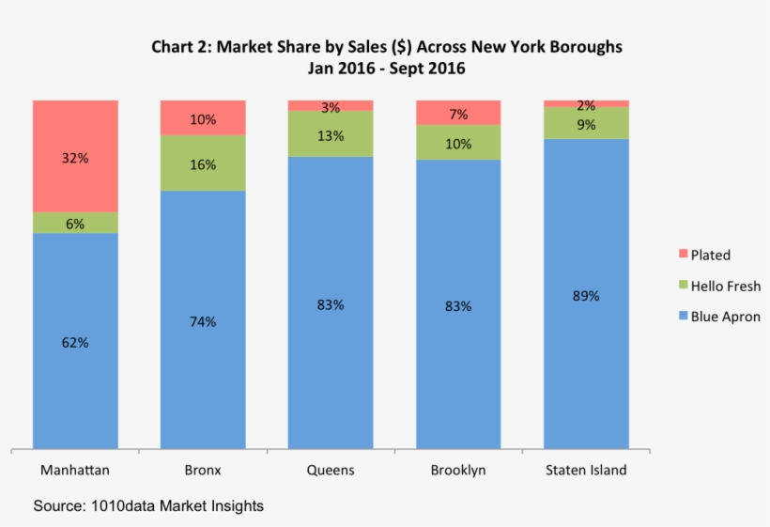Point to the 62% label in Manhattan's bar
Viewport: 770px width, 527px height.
[75, 343]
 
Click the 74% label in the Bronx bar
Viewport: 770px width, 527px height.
[203, 322]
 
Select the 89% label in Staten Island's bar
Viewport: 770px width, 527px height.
[586, 296]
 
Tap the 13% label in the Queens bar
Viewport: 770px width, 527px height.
[331, 135]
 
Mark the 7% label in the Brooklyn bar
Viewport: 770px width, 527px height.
[458, 115]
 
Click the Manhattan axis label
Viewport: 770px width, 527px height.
[75, 470]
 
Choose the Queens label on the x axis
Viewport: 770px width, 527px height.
[331, 470]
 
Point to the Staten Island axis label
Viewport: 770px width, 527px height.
[586, 470]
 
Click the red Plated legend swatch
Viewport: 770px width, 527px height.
[682, 255]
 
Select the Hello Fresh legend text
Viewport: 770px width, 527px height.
[726, 286]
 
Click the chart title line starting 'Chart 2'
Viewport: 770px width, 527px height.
[387, 47]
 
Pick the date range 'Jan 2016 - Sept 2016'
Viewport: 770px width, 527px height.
[387, 69]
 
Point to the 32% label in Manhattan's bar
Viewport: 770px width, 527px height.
[75, 159]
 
